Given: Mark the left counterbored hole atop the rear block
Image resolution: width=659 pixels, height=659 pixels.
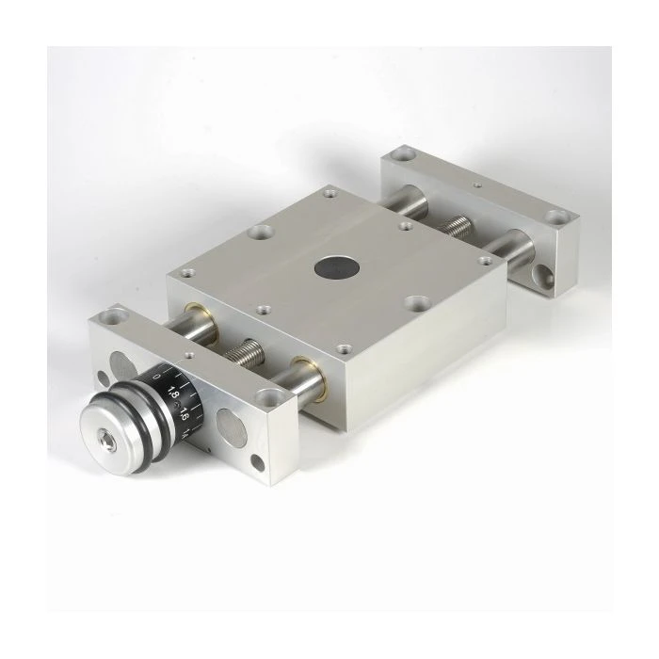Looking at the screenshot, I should [x=403, y=154].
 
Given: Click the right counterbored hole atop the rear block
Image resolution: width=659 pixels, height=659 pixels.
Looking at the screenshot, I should [x=556, y=218].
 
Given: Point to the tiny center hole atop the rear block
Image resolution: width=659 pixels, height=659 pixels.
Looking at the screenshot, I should [x=477, y=186].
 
